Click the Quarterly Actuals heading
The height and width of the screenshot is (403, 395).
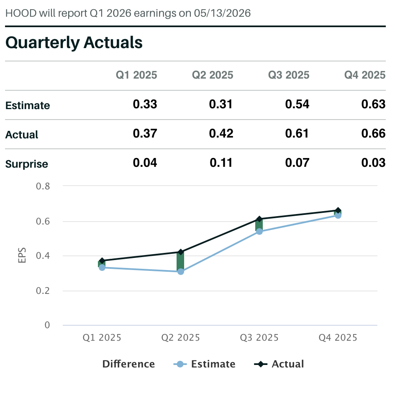(x=74, y=43)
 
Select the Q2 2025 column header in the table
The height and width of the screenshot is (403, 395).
(x=213, y=75)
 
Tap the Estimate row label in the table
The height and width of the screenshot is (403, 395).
(x=28, y=105)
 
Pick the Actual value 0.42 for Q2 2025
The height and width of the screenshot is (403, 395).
(x=221, y=134)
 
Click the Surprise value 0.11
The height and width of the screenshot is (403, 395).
(x=221, y=163)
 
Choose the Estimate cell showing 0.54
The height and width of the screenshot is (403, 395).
(x=297, y=105)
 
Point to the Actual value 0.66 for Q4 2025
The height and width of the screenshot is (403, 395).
(x=373, y=134)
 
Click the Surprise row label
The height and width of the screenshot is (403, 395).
(x=27, y=164)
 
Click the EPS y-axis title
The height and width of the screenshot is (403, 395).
(x=22, y=256)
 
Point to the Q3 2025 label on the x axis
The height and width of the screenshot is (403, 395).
(x=259, y=338)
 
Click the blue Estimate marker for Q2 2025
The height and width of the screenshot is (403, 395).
(x=181, y=272)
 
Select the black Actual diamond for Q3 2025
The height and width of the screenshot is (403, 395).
(x=259, y=219)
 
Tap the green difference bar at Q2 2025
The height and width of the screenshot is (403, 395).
(x=180, y=262)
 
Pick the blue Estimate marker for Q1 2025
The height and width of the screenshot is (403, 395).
(x=102, y=268)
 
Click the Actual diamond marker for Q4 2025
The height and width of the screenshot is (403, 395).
(x=338, y=210)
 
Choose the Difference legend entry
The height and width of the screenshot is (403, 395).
(x=128, y=364)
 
